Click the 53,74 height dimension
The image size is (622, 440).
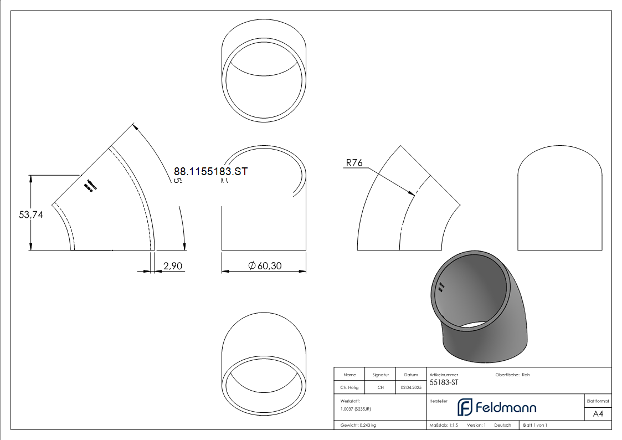click(31, 214)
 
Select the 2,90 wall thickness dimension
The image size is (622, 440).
click(173, 267)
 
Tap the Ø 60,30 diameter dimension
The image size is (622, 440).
click(265, 267)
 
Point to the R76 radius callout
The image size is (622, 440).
click(354, 163)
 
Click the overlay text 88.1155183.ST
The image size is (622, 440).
click(210, 172)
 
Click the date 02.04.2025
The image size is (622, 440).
click(410, 388)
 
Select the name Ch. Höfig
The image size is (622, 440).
click(349, 388)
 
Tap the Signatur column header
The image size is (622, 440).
click(381, 375)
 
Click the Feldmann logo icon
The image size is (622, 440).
click(464, 407)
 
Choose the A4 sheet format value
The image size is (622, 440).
click(598, 414)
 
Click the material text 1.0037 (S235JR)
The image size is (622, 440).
click(356, 409)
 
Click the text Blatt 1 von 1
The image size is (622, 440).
click(535, 426)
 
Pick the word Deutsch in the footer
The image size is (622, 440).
click(502, 426)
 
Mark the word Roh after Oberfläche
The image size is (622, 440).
click(526, 375)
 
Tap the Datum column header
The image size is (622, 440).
click(410, 375)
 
